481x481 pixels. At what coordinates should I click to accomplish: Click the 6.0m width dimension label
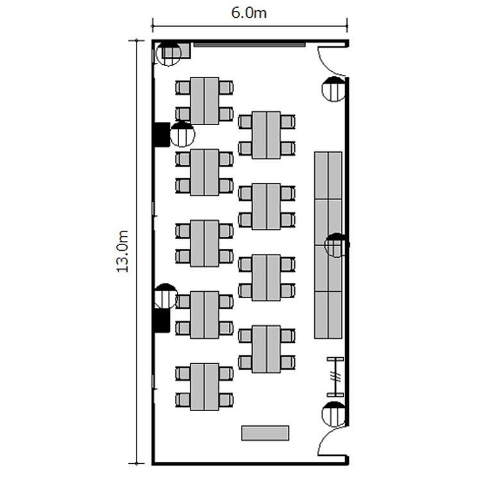[x=248, y=13]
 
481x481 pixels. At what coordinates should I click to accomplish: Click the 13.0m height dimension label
[x=122, y=251]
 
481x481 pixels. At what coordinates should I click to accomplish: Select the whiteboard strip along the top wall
[x=249, y=45]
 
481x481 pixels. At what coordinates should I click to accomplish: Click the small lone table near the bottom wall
[x=265, y=433]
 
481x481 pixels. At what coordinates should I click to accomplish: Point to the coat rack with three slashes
[x=335, y=376]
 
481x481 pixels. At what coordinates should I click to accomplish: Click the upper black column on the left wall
[x=162, y=135]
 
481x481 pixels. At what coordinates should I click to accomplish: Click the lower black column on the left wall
[x=162, y=321]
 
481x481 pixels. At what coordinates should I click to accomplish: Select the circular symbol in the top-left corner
[x=169, y=53]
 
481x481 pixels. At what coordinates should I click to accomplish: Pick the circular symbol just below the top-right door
[x=334, y=89]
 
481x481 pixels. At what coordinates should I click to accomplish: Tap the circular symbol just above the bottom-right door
[x=334, y=414]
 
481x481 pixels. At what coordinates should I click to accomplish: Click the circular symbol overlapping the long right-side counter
[x=337, y=245]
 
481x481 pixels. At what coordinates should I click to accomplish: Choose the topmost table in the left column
[x=205, y=101]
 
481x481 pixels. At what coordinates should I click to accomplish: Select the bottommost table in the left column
[x=205, y=387]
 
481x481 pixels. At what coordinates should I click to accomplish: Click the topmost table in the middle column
[x=266, y=135]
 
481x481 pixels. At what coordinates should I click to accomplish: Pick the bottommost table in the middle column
[x=266, y=349]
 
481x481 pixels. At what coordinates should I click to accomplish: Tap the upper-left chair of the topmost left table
[x=183, y=88]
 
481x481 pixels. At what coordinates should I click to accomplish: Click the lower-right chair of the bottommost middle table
[x=288, y=362]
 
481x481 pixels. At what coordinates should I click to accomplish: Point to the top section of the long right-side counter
[x=328, y=175]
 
